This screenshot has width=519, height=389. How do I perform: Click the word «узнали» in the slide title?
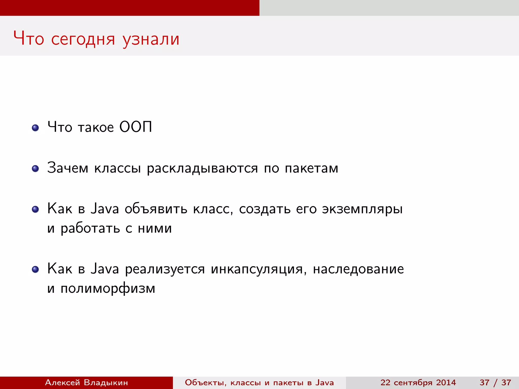coord(151,40)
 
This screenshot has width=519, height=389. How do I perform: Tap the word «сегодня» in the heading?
coord(83,40)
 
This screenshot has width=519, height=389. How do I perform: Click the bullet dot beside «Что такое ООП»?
coord(35,128)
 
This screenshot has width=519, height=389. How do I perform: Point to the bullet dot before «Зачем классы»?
coord(35,168)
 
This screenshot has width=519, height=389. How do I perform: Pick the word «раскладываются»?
coord(202,168)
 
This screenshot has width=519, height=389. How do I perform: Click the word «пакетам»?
coord(311,168)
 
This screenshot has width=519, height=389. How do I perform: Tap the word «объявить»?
coord(156,209)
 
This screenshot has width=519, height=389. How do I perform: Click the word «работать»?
coord(90,229)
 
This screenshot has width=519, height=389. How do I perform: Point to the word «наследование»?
coord(358,269)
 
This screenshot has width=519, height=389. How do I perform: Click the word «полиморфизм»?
coord(108,288)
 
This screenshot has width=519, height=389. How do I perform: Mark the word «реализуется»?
coord(165,269)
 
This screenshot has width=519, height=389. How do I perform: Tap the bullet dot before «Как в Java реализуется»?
coord(35,269)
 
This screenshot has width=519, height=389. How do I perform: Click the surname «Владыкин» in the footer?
coord(106,382)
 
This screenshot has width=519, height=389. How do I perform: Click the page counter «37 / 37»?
coord(495,382)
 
